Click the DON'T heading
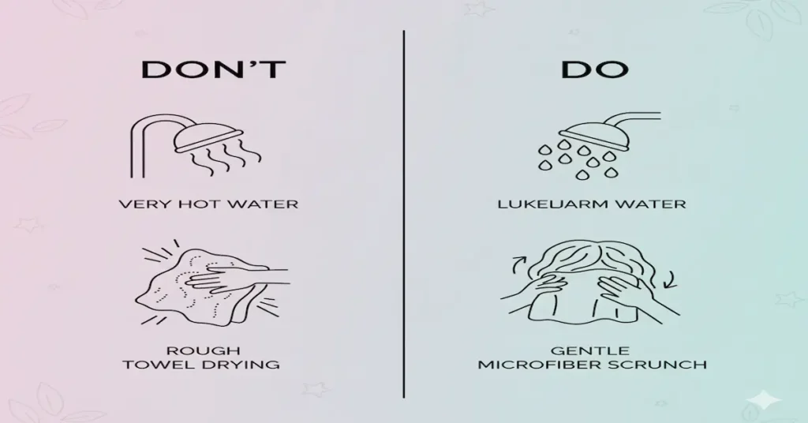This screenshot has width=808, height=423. [212, 69]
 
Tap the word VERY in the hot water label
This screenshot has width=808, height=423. [139, 204]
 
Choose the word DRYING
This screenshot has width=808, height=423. [246, 365]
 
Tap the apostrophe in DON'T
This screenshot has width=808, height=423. [253, 62]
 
